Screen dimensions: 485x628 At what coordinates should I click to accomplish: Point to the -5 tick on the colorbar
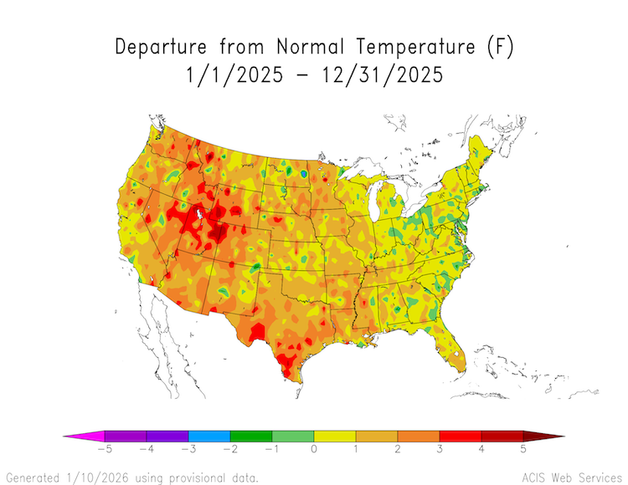(105, 450)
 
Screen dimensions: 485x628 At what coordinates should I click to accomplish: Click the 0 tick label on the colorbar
(314, 450)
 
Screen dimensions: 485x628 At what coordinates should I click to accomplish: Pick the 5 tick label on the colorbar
(523, 450)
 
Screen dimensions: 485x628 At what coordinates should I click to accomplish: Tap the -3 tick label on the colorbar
(188, 450)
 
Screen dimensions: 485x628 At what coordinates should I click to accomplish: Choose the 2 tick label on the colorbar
(398, 450)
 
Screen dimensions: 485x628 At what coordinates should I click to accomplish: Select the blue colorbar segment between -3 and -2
(209, 436)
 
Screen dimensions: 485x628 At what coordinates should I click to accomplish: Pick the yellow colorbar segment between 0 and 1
(335, 436)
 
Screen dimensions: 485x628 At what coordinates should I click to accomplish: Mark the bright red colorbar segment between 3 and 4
(461, 436)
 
